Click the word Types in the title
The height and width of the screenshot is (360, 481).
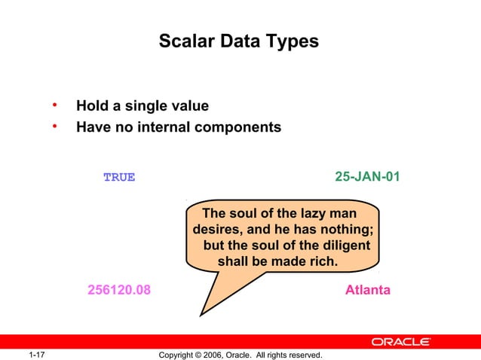tap(293, 42)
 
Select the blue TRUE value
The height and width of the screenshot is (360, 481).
tap(119, 178)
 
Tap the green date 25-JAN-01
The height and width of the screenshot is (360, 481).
tap(367, 177)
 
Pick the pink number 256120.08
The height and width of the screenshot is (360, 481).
tap(119, 290)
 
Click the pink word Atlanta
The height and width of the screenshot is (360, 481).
tap(367, 290)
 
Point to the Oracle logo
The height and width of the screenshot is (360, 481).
tap(400, 342)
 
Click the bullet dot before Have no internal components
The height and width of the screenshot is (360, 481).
tap(54, 126)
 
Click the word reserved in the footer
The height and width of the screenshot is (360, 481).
tap(303, 355)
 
